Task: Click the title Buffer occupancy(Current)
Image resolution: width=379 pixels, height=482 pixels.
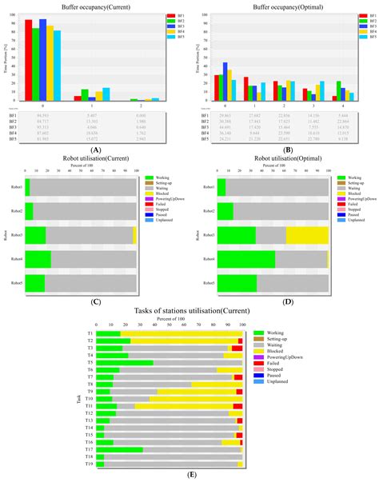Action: point(95,6)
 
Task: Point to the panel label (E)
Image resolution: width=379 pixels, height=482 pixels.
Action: point(189,476)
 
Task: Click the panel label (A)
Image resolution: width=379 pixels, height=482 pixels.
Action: point(95,149)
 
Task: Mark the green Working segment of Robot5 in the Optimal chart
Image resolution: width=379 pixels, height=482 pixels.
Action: point(237,283)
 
